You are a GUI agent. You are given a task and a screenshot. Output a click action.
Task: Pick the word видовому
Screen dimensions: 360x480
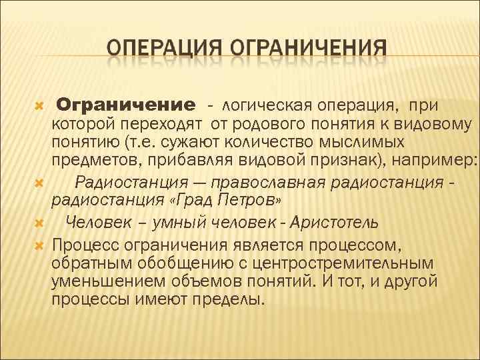[439, 124]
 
